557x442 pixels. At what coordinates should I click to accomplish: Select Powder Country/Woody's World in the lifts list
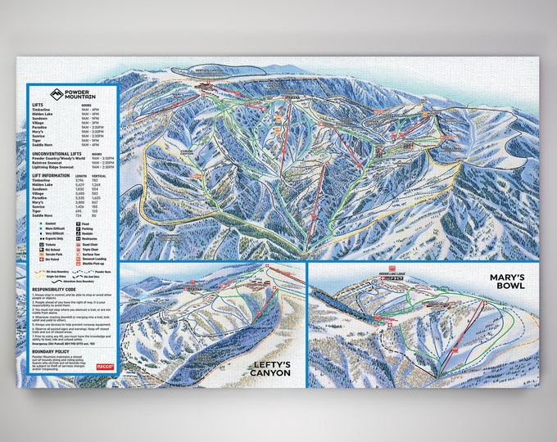(62, 158)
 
